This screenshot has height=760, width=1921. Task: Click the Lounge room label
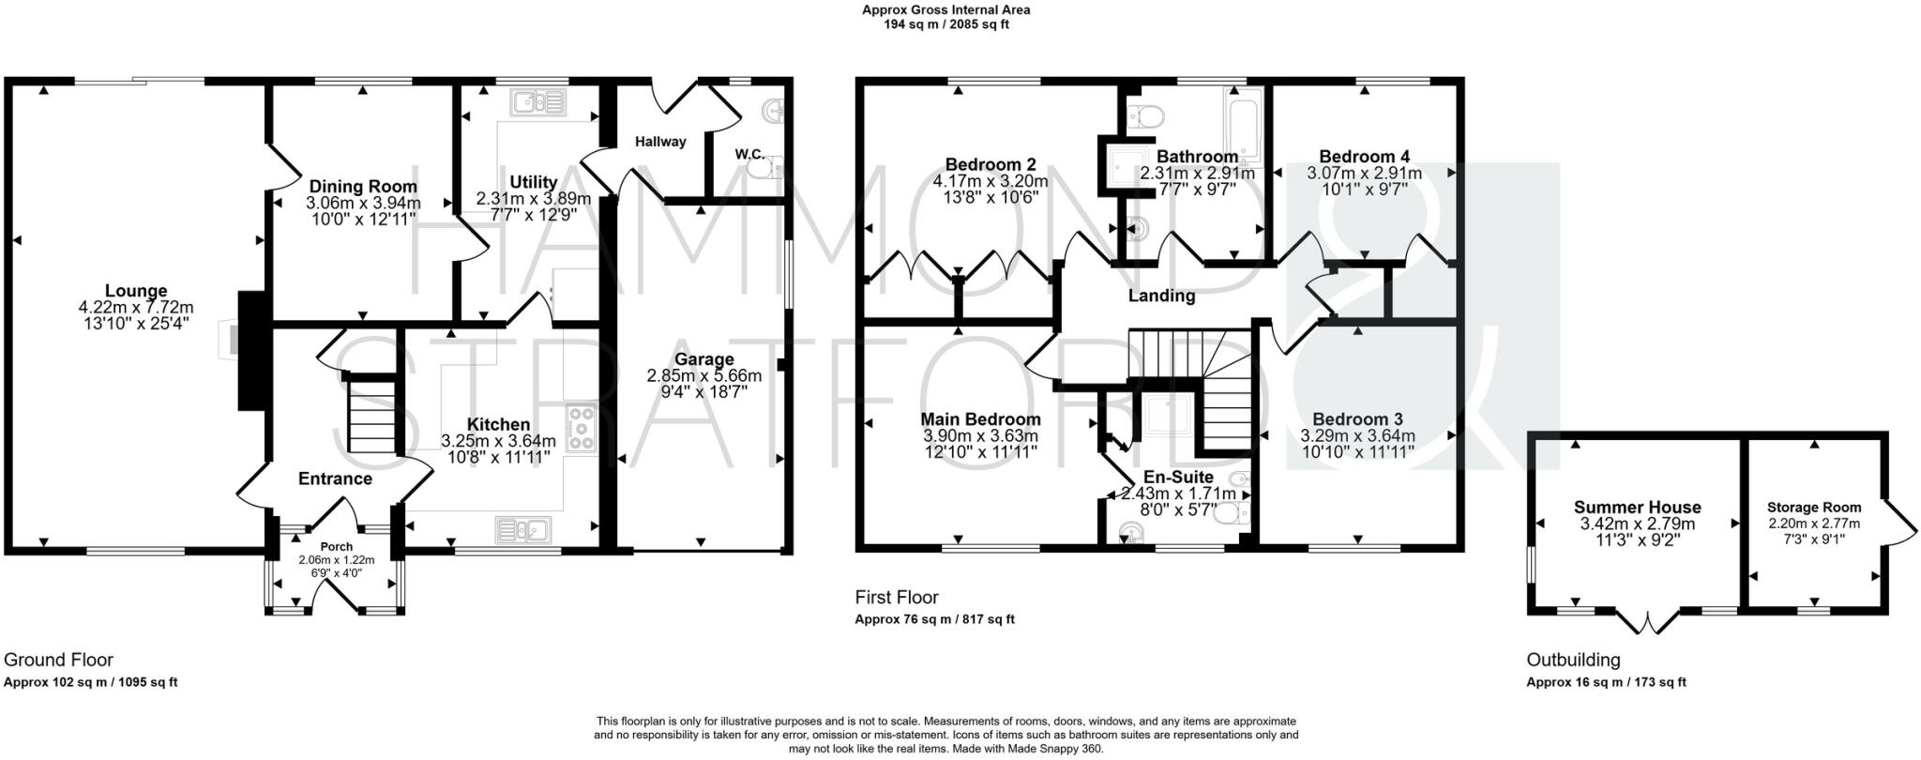pos(136,291)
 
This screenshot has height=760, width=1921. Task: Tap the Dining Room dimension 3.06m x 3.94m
pos(363,203)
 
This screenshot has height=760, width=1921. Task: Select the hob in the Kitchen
pos(582,427)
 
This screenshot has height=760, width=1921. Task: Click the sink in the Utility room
pos(539,100)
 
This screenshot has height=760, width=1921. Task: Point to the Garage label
pos(703,359)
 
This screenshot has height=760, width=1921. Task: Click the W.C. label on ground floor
pos(748,153)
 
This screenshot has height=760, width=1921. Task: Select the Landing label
pos(1161,296)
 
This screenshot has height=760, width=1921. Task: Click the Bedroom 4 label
pos(1364,156)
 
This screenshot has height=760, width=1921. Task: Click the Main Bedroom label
pos(980,418)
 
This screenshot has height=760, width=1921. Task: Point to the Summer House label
pos(1637,507)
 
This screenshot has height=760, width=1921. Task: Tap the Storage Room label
pos(1814,507)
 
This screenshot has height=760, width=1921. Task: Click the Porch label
pos(337,546)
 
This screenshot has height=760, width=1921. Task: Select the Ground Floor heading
pos(58,660)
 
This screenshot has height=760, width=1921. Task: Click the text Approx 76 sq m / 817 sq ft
pos(934,619)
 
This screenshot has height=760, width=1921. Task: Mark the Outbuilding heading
pos(1573,660)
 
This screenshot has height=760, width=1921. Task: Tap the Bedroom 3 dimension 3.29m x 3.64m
pos(1357,436)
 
